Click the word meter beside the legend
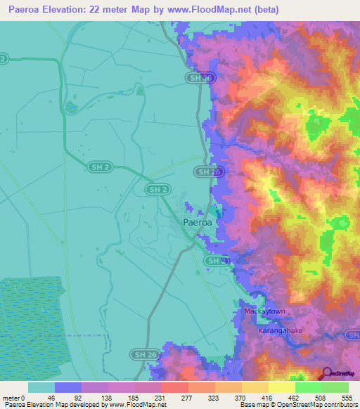pos(12,398)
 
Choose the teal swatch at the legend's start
pos(41,387)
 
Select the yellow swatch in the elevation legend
pos(281,387)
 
